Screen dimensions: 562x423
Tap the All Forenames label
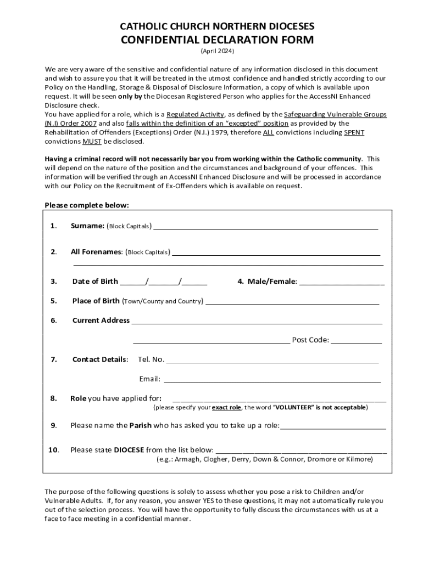[x=96, y=252]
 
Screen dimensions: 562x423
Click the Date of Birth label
[x=95, y=282]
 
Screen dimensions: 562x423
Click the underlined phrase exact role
[x=226, y=408]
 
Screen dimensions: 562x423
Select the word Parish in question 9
[x=140, y=425]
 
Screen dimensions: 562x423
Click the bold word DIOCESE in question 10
[x=129, y=450]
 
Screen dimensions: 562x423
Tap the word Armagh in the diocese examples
[x=187, y=459]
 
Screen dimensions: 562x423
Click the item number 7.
[x=54, y=359]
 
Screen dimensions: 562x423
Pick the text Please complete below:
[x=87, y=205]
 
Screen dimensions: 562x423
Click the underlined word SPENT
[x=354, y=132]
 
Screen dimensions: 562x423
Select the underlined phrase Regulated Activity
[x=195, y=114]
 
